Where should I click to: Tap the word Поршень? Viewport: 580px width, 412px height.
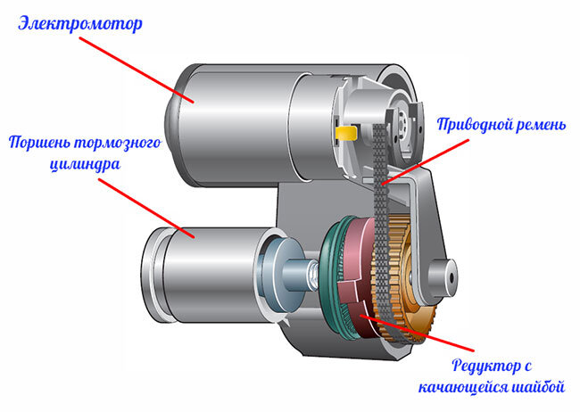click(45, 143)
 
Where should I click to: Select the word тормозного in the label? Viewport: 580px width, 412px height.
click(119, 143)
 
